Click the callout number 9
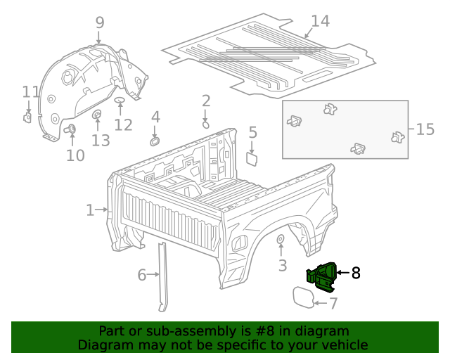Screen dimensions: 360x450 pyautogui.click(x=100, y=23)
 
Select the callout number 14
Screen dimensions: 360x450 pyautogui.click(x=320, y=21)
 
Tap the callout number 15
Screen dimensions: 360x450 pyautogui.click(x=425, y=129)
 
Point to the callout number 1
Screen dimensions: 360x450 pyautogui.click(x=90, y=210)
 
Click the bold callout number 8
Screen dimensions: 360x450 pyautogui.click(x=356, y=273)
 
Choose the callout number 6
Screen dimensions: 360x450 pyautogui.click(x=142, y=275)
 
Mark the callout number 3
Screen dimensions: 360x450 pyautogui.click(x=283, y=265)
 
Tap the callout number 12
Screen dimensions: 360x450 pyautogui.click(x=123, y=125)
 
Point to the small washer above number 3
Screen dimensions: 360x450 pyautogui.click(x=280, y=240)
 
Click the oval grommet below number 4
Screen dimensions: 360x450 pyautogui.click(x=154, y=141)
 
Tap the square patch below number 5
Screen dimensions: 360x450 pyautogui.click(x=251, y=158)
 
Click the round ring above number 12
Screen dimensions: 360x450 pyautogui.click(x=120, y=102)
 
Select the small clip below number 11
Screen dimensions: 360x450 pyautogui.click(x=27, y=117)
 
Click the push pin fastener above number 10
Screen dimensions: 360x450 pyautogui.click(x=71, y=129)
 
